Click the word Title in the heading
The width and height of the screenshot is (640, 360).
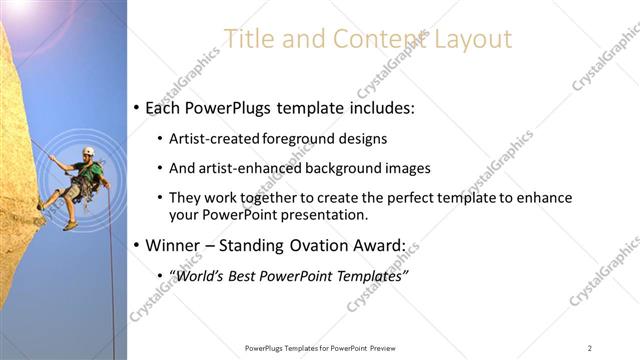point(245,39)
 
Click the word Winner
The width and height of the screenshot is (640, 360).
point(175,245)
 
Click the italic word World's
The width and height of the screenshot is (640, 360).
point(200,275)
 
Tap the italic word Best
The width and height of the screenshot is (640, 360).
point(246,275)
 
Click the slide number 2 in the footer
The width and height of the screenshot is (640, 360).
point(590,347)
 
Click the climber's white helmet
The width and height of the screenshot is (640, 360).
point(88,151)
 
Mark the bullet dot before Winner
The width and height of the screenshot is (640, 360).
point(136,245)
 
